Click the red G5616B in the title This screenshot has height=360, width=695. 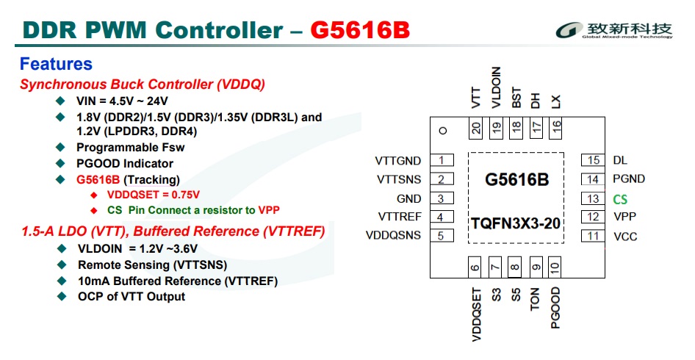[x=360, y=31]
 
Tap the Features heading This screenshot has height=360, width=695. [x=56, y=64]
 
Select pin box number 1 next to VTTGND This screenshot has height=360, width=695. [x=442, y=160]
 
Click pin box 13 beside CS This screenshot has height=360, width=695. [x=593, y=198]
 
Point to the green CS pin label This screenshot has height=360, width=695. [x=620, y=198]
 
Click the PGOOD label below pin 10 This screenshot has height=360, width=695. [x=555, y=307]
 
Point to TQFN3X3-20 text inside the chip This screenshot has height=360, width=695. [x=517, y=223]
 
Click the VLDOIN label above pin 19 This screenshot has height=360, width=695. [x=496, y=88]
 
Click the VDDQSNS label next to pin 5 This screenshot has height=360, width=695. [x=394, y=236]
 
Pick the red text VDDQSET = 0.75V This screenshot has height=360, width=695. [x=153, y=195]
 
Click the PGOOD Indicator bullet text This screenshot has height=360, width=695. [x=125, y=163]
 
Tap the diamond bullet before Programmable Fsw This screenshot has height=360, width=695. [x=60, y=147]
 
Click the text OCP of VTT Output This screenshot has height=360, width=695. [x=132, y=297]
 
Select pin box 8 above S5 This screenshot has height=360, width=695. [x=516, y=267]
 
